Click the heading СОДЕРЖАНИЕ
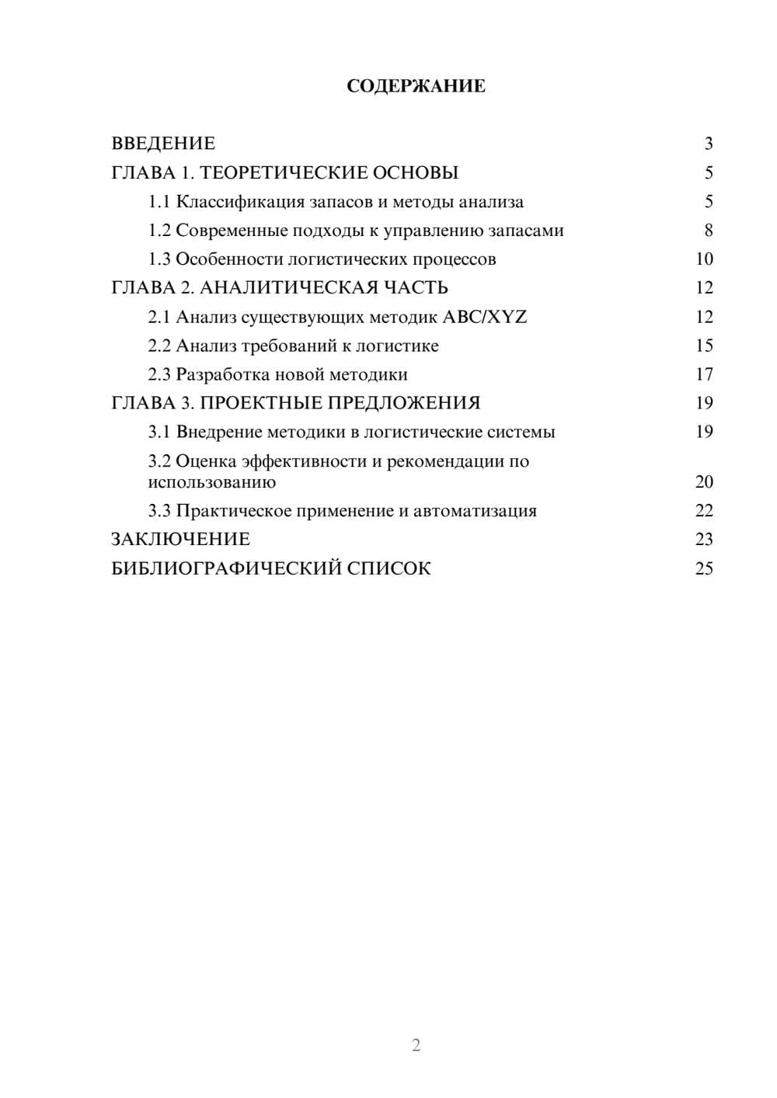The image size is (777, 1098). pos(416,86)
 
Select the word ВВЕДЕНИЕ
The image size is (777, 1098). pos(163,144)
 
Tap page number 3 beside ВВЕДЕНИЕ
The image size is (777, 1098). pos(708,144)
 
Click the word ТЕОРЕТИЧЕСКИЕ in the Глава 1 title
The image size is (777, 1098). pos(277,172)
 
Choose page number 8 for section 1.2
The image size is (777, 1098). pos(708,231)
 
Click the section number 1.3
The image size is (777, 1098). pos(159,259)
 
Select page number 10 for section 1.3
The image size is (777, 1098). pos(704,259)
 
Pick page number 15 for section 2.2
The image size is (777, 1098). pos(704,346)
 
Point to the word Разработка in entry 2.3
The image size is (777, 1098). pos(221,374)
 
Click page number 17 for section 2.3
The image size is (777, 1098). pos(704,374)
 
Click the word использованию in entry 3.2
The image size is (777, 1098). pos(211,482)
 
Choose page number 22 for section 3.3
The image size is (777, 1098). pos(704,511)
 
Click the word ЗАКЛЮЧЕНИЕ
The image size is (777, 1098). pos(180,539)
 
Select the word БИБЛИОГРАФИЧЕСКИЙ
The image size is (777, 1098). pos(226,568)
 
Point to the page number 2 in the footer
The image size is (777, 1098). pos(416,1045)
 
